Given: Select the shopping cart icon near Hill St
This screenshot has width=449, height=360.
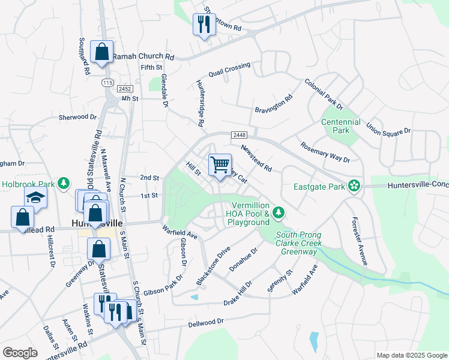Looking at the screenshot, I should click(x=220, y=164).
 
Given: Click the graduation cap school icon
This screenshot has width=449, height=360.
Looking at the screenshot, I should click(x=35, y=197).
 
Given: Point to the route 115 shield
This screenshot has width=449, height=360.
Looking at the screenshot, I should click(x=107, y=82).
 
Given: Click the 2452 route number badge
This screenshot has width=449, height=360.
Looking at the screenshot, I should click(x=124, y=88).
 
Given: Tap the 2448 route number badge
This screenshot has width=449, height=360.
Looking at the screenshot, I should click(x=237, y=136).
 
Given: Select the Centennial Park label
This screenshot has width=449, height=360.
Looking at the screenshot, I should click(x=340, y=126).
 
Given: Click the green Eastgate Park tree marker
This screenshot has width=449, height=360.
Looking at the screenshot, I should click(x=355, y=186).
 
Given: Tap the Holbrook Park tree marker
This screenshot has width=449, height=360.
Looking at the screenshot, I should click(x=64, y=183).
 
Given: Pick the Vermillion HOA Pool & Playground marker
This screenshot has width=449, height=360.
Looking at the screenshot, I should click(x=278, y=212).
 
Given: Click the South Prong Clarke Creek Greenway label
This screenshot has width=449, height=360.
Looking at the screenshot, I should click(x=298, y=243).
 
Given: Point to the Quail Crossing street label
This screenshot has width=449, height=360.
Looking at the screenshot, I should click(x=229, y=70).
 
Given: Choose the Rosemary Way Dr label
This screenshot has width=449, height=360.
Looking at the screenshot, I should click(x=325, y=152).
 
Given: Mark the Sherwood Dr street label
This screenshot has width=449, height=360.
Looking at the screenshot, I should click(x=77, y=117).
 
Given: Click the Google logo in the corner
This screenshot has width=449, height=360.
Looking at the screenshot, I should click(x=20, y=353).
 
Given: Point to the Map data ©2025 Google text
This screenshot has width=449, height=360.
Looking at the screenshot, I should click(x=411, y=355).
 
